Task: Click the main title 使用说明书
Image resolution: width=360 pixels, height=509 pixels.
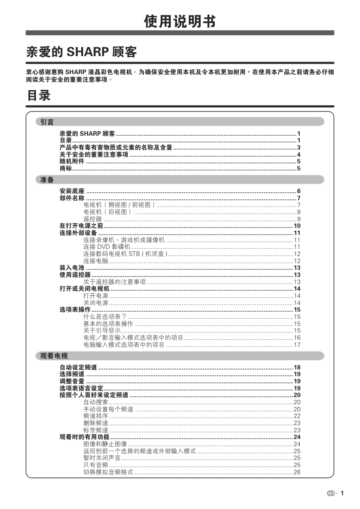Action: point(180,21)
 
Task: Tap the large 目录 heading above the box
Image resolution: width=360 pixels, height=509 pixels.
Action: point(39,96)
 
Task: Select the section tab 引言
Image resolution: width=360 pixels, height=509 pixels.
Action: point(47,122)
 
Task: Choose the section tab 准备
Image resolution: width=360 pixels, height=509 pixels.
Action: point(47,180)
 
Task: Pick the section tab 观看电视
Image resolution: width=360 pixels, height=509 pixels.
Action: point(54,356)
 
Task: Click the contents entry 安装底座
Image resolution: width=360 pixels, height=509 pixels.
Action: point(72,191)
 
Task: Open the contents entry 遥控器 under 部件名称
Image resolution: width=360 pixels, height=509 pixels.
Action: point(93,219)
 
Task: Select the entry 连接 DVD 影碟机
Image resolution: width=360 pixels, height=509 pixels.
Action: point(107,247)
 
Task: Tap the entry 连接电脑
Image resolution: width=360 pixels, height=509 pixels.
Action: point(95,261)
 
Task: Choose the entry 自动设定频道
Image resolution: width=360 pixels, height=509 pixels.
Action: point(78,367)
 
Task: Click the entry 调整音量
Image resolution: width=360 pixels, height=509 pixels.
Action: point(72,381)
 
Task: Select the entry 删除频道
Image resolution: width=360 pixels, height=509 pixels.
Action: point(95,423)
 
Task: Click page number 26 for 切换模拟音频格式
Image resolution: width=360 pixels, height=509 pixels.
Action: point(297,472)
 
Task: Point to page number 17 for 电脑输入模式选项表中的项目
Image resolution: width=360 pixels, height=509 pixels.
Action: point(297,345)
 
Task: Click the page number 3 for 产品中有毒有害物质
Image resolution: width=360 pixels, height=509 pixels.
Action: point(299,147)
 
